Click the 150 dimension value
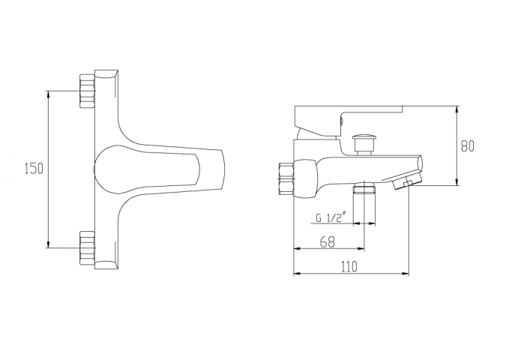coord(34,169)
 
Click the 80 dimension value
coord(468,146)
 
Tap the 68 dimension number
coord(327,241)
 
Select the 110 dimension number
coord(349,266)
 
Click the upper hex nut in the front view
coord(87,91)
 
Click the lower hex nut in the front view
coord(87,247)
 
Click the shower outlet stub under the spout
coord(364,188)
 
